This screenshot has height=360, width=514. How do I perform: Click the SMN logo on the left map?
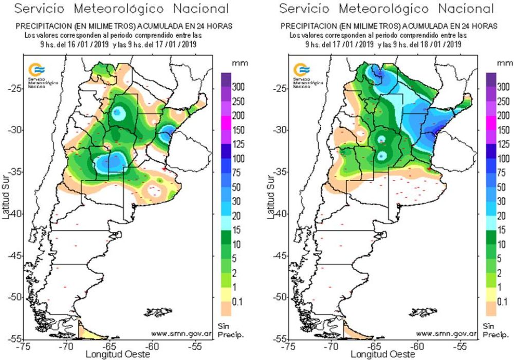[35, 69]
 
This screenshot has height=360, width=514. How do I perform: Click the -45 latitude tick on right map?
[280, 256]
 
